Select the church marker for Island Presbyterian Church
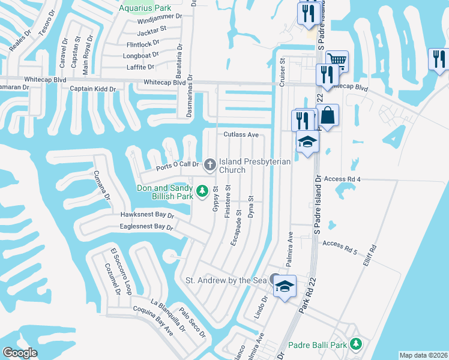pyautogui.click(x=209, y=163)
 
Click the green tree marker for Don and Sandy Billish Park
pyautogui.click(x=203, y=191)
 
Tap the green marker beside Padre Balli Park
pyautogui.click(x=357, y=344)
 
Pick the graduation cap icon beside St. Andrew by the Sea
pyautogui.click(x=286, y=286)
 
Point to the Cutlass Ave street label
pyautogui.click(x=241, y=135)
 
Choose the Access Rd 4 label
pyautogui.click(x=342, y=179)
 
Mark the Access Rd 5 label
pyautogui.click(x=339, y=244)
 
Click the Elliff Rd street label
pyautogui.click(x=372, y=256)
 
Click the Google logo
pyautogui.click(x=20, y=353)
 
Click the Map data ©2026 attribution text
pyautogui.click(x=423, y=355)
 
